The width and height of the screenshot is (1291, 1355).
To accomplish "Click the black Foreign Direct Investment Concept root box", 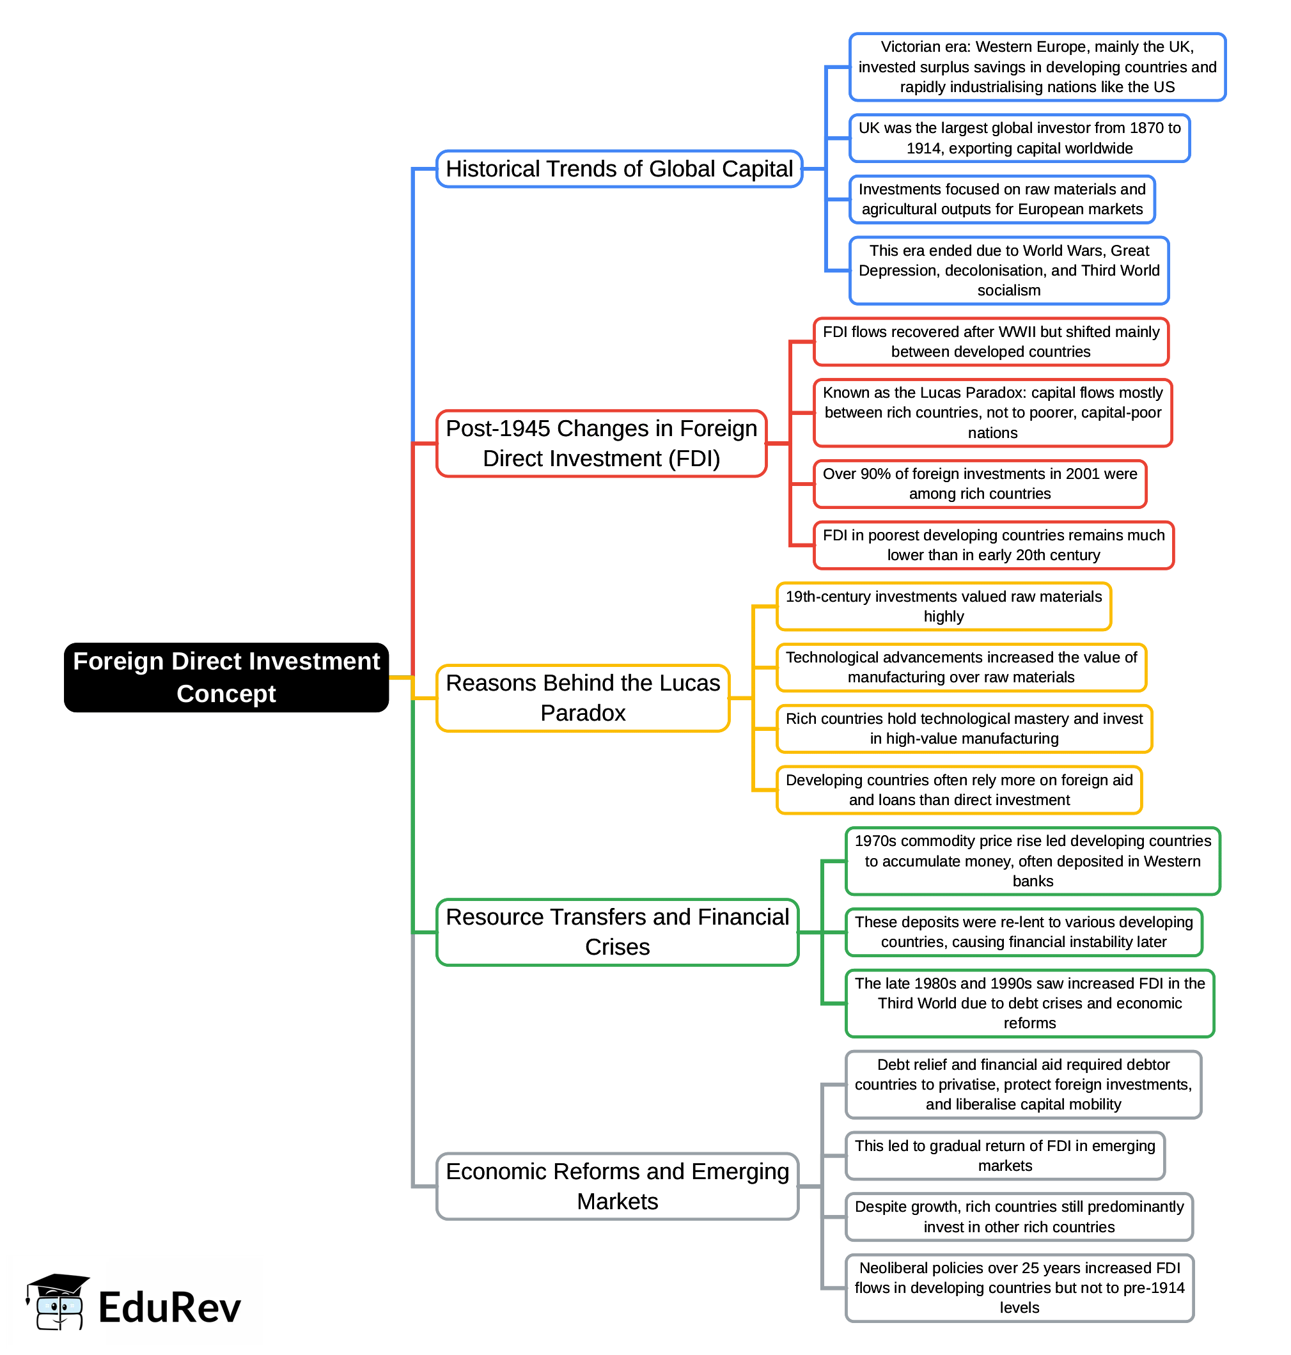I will [x=226, y=677].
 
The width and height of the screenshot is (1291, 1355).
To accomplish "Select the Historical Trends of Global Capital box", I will [x=619, y=169].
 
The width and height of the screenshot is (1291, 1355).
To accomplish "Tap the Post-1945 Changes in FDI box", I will [x=601, y=443].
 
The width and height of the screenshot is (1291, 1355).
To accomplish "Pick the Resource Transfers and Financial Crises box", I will [x=616, y=932].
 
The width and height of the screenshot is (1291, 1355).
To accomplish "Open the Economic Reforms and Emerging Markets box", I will [x=616, y=1186].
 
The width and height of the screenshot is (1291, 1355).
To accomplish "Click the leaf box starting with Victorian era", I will [x=1037, y=67].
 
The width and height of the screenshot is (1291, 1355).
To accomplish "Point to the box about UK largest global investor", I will [x=1019, y=138].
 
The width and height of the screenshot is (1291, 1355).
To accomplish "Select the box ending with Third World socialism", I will [x=1008, y=270].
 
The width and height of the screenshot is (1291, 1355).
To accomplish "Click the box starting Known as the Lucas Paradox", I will [x=992, y=412].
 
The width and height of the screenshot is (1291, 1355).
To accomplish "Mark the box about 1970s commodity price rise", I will [x=1031, y=861].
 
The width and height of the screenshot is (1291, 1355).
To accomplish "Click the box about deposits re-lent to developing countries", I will [x=1022, y=932].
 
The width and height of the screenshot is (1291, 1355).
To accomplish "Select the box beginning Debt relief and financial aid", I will [x=1022, y=1084].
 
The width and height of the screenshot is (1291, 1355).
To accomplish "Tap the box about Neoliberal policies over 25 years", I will [x=1019, y=1288].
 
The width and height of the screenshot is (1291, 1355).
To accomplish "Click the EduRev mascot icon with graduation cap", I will [x=56, y=1302].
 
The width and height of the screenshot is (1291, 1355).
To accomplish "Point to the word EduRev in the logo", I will [x=169, y=1308].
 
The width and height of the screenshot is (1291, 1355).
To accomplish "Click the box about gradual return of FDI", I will [x=1004, y=1155].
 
